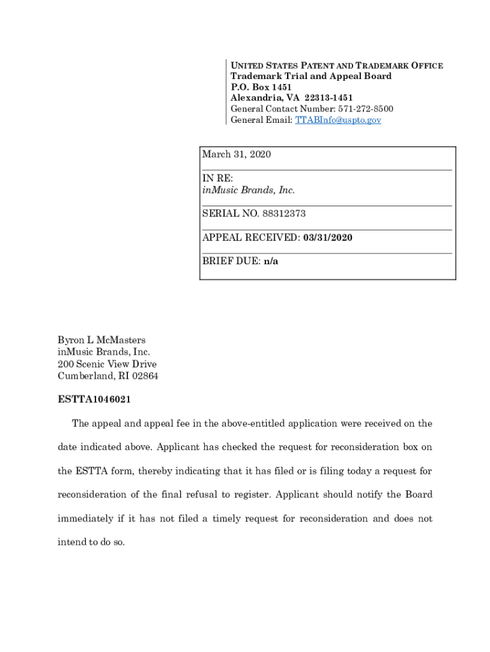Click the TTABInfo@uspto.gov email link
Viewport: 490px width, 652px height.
point(338,120)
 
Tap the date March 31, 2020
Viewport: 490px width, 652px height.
point(236,155)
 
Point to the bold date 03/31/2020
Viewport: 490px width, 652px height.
point(328,237)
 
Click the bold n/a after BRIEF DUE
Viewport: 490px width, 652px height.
point(271,261)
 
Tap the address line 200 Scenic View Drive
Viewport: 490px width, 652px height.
point(107,364)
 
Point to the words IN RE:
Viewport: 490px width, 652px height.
point(218,178)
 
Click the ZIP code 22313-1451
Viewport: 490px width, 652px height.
point(328,98)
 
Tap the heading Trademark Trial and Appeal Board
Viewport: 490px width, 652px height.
point(311,76)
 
